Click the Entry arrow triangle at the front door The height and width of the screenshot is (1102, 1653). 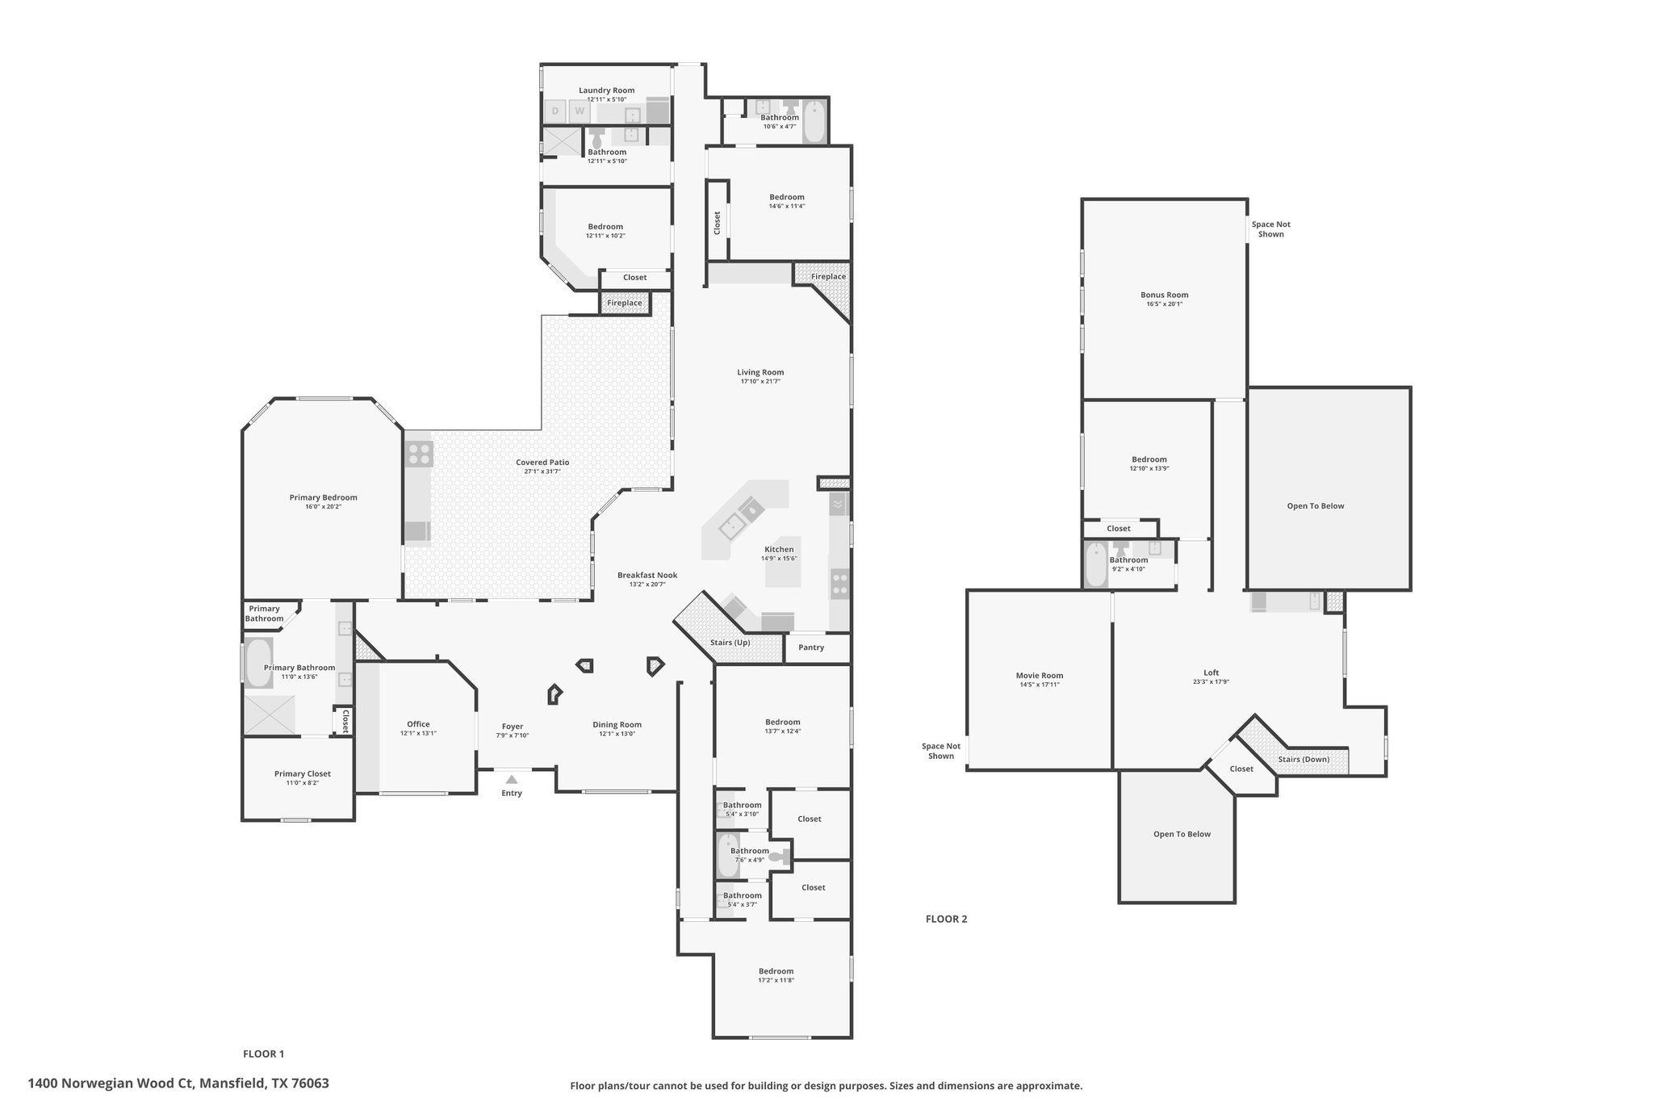tap(512, 779)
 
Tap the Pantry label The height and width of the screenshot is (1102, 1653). tap(811, 647)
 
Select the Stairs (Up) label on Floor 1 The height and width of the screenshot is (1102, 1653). tap(730, 643)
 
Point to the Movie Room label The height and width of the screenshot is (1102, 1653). tap(1040, 676)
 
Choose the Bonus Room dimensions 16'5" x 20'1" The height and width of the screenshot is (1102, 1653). tap(1165, 304)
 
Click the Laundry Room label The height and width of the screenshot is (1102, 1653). tap(607, 90)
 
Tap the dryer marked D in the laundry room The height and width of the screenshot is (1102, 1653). tap(555, 111)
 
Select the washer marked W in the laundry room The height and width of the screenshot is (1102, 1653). tap(580, 111)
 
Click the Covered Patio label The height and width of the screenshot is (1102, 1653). tap(542, 463)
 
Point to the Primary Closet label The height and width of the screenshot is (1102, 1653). tap(303, 773)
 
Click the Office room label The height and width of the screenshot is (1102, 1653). tap(418, 724)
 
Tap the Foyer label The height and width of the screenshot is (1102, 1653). tap(513, 727)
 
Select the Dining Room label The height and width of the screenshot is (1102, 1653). tap(617, 725)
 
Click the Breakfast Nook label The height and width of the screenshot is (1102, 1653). tap(647, 576)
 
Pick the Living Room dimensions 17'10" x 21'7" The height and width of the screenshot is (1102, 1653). tap(760, 381)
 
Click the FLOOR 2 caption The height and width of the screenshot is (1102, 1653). tap(946, 919)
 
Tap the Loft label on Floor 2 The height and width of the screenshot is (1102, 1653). tap(1212, 673)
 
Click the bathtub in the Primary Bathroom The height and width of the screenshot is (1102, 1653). tap(258, 663)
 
